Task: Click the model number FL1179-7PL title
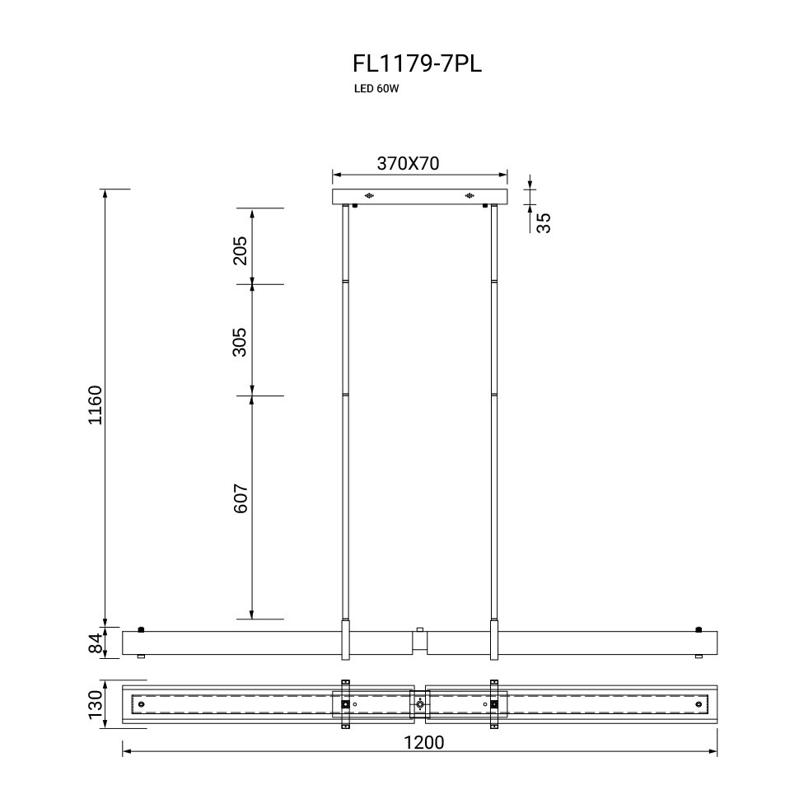[417, 64]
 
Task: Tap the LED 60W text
[376, 89]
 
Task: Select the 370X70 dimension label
[408, 164]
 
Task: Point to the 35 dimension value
[544, 222]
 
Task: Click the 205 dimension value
[240, 250]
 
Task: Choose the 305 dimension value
[240, 341]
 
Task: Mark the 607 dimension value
[241, 498]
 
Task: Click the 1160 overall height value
[96, 405]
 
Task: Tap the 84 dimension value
[96, 643]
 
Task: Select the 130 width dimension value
[96, 704]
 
